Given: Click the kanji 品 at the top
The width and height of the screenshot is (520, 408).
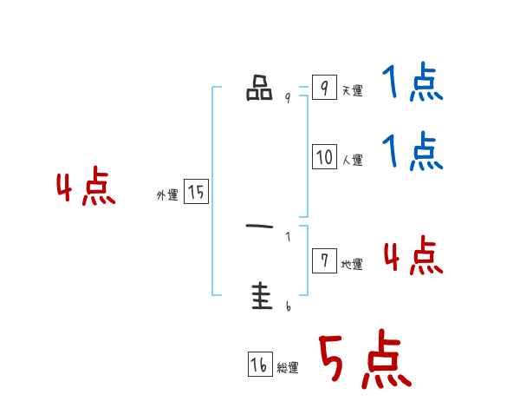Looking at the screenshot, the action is coord(259,89).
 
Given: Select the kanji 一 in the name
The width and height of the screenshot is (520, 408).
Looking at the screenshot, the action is coord(259,227).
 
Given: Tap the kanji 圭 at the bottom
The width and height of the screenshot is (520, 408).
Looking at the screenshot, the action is coord(259,297).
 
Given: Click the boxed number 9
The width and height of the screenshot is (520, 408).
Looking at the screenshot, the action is coord(324,88).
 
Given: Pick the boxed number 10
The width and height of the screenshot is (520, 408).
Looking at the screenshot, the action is coord(324,157).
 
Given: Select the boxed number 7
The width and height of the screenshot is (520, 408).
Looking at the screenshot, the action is coord(324,261).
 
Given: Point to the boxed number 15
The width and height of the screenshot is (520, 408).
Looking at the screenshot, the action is coord(196,193).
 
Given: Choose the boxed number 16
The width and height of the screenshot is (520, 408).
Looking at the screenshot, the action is coord(259,365).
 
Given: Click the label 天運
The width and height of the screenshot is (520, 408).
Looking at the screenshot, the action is coord(352,91).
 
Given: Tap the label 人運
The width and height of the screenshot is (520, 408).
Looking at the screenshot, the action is coord(352,161).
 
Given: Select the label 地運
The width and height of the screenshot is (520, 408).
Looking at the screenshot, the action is coord(352,265).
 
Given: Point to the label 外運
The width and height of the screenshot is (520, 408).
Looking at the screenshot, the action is coord(167,196).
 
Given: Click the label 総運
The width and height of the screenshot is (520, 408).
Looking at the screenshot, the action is coord(288,369).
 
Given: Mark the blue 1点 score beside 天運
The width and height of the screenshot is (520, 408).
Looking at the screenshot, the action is coord(413,84).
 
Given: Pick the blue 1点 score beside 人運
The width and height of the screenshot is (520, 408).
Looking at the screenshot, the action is coord(413,152).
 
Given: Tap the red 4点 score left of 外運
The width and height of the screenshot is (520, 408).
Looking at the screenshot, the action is coord(86,189).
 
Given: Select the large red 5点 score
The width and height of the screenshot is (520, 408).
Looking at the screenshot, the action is coord(364,360).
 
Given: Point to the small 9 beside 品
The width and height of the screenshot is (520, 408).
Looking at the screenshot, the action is coord(288,98).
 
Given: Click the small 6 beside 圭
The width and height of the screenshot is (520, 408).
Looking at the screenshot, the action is coord(288,306).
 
